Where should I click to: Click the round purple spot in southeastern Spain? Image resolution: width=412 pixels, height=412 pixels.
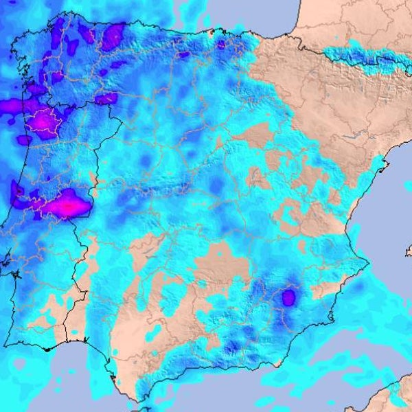coord(288,297)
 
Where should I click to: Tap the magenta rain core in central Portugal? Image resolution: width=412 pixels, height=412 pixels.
coord(67,205)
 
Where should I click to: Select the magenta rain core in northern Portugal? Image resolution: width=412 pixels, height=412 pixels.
coord(47,122)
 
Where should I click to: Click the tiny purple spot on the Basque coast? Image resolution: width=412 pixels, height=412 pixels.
coord(220,43)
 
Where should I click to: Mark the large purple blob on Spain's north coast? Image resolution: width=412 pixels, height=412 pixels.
coord(112,36)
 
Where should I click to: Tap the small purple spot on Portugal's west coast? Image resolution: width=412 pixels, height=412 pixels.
coord(16,191)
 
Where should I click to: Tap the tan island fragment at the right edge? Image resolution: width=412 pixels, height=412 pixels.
coord(409,251)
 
